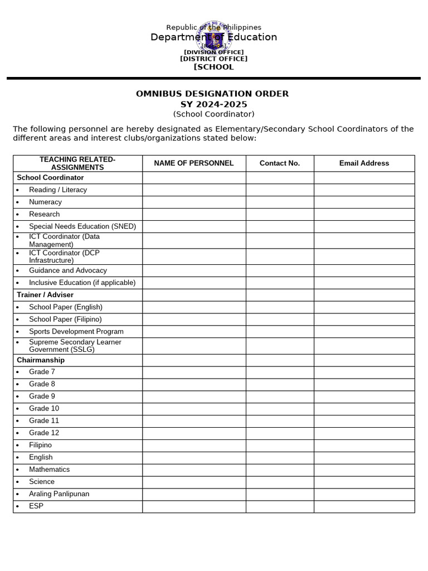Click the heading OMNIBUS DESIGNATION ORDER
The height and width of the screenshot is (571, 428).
point(212,94)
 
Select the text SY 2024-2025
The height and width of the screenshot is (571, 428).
point(213,104)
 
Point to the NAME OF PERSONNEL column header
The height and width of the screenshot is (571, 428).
point(193,163)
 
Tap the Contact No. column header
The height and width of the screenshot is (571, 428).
point(279,163)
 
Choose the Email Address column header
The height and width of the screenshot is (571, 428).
point(364,163)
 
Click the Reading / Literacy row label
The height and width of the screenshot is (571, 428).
point(58,190)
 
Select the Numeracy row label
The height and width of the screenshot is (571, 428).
point(45,202)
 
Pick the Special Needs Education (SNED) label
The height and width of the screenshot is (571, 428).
point(82,226)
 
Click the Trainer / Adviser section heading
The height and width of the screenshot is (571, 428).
point(45,295)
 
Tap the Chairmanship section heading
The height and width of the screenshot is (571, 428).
point(41,360)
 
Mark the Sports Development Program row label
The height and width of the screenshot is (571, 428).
point(76,331)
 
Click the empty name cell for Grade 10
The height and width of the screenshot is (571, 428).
point(193,409)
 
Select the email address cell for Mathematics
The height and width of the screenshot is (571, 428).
point(364,470)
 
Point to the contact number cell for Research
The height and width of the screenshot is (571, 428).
point(279,214)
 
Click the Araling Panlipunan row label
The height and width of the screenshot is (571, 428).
point(59,494)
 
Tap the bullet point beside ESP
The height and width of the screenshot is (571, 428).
point(17,507)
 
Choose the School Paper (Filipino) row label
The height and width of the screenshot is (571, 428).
point(65,319)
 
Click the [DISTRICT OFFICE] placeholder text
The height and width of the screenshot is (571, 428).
point(213,59)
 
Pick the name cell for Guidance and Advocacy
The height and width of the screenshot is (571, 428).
point(193,270)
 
